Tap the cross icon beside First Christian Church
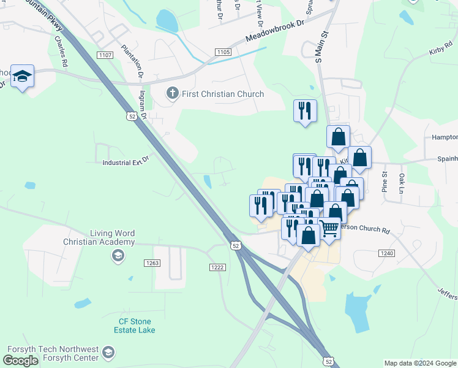(x=173, y=94)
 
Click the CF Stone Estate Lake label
(x=135, y=326)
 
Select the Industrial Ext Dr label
(x=126, y=163)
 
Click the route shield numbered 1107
(x=105, y=55)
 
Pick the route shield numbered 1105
(x=223, y=53)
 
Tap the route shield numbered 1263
(x=152, y=263)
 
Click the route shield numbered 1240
(x=386, y=253)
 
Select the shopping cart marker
(x=329, y=229)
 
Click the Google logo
(x=20, y=361)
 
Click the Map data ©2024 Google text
(x=419, y=363)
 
